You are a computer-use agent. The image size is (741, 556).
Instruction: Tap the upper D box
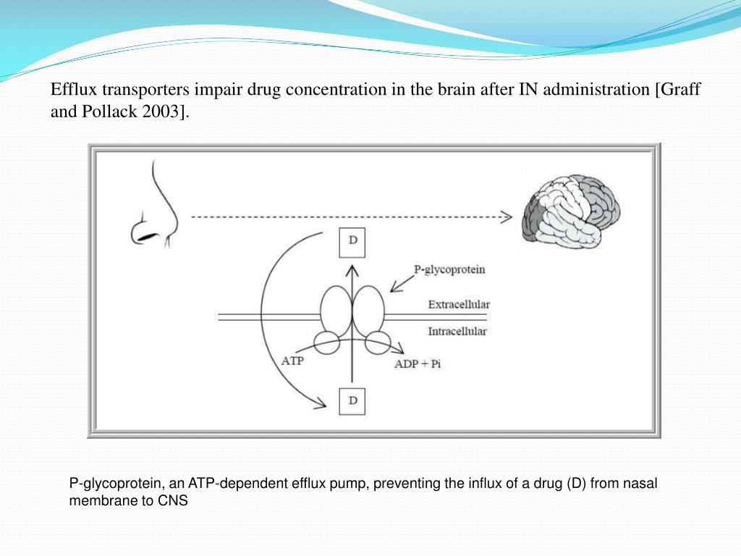click(x=352, y=242)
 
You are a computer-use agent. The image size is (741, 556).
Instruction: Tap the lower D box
click(x=352, y=400)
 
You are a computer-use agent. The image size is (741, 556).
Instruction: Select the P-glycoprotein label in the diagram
click(x=449, y=270)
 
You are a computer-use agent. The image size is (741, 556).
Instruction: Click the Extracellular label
click(x=459, y=305)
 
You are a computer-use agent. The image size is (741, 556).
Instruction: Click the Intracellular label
click(x=457, y=332)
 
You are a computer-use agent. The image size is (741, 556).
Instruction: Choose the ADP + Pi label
click(x=418, y=364)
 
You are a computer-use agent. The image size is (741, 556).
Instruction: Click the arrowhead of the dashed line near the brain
click(x=506, y=216)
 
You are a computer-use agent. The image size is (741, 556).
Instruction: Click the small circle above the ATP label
click(x=326, y=342)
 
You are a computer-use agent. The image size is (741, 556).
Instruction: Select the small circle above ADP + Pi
click(x=378, y=342)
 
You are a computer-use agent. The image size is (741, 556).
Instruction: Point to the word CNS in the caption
click(x=174, y=500)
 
